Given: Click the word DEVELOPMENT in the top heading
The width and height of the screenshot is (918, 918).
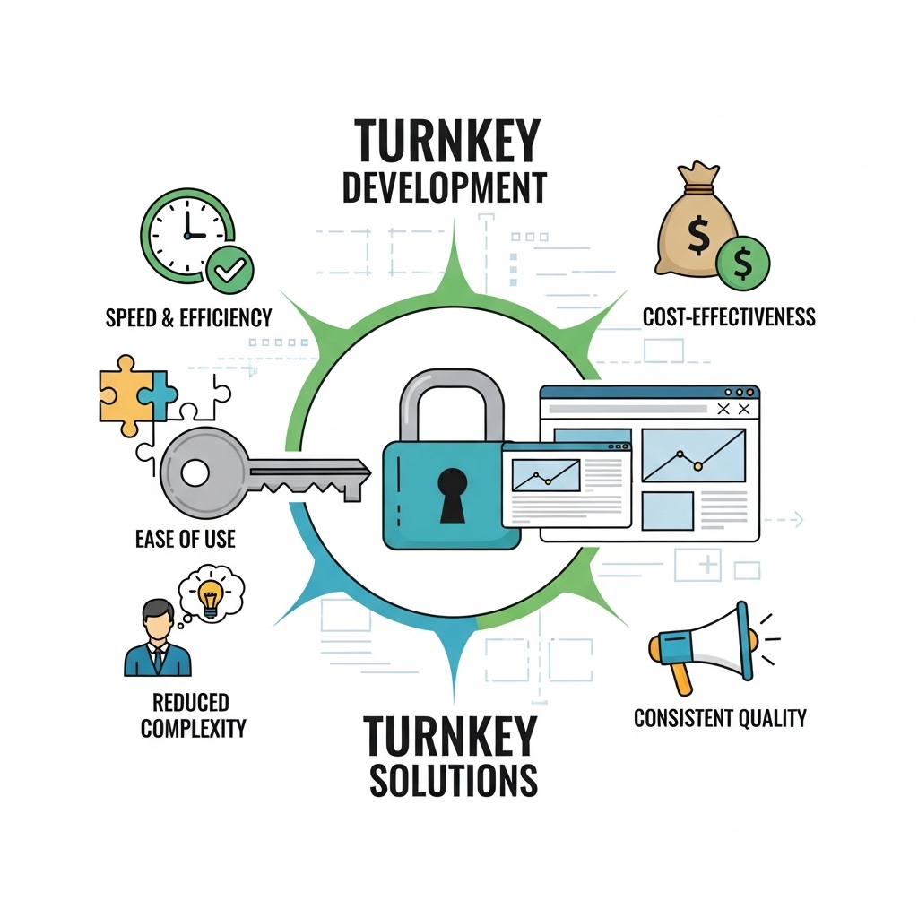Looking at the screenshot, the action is point(445,188).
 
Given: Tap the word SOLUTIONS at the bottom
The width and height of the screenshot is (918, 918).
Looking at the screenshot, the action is point(453,780).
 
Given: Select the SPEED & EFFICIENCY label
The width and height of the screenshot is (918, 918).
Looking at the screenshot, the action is point(188,318).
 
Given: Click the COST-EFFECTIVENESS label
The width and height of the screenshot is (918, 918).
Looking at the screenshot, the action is point(729,316).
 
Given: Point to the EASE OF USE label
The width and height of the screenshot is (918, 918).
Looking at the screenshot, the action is point(185,539).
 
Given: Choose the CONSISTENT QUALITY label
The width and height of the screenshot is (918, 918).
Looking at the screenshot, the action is point(720,718).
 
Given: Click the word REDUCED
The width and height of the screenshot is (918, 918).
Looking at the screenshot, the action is point(191,703).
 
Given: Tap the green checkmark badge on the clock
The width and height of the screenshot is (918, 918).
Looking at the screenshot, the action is point(229,270).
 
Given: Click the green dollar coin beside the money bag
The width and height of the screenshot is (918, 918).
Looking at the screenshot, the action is point(743,263).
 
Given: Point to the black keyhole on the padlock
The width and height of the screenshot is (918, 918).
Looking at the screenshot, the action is point(452,495).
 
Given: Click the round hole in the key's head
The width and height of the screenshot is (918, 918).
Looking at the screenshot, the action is point(195,472).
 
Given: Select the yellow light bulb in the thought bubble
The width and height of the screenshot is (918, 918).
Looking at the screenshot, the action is point(210,598).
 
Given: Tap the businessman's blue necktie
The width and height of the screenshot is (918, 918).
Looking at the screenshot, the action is point(158,659).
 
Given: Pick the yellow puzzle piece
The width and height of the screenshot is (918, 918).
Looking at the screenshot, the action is point(125,395).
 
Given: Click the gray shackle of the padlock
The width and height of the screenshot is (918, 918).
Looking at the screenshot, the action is point(452,405).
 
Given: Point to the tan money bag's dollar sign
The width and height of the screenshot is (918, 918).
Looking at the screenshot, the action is point(697,235).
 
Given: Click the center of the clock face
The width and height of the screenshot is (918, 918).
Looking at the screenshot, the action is point(187,235).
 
